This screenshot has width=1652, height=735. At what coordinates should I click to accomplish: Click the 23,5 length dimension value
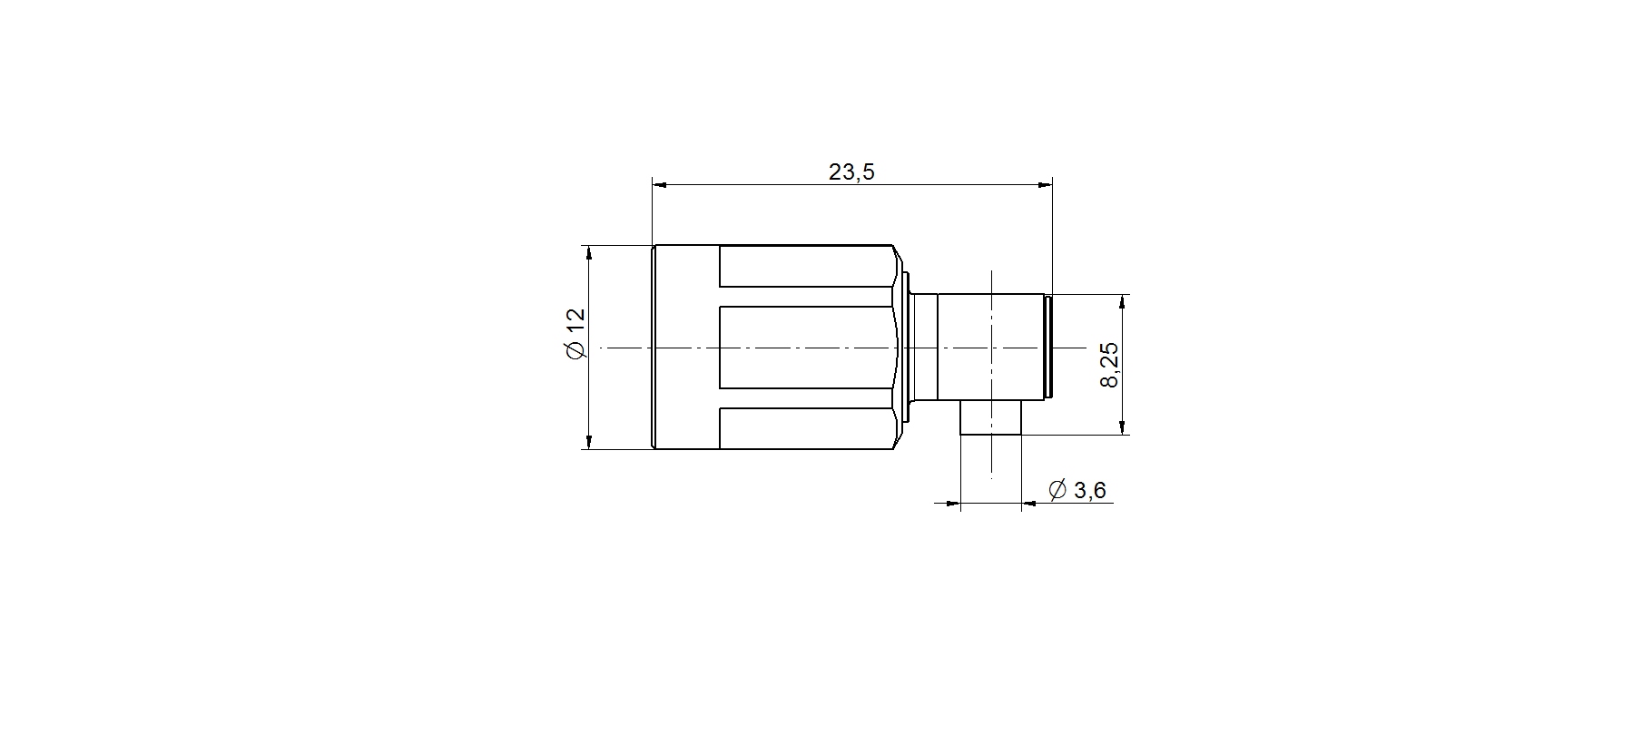851,171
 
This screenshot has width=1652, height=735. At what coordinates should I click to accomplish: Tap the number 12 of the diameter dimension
575,321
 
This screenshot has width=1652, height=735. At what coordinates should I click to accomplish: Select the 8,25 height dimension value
1109,365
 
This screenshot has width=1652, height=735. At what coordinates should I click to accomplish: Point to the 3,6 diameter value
1089,491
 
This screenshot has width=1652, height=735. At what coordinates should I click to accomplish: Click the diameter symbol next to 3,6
1057,490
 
